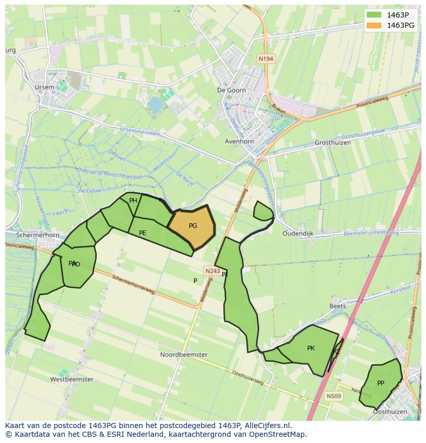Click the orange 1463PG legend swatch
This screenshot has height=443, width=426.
pyautogui.click(x=375, y=25)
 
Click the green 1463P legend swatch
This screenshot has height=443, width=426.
pyautogui.click(x=375, y=15)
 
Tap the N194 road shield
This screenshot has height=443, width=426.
pyautogui.click(x=265, y=59)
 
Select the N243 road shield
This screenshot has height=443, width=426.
pyautogui.click(x=212, y=271)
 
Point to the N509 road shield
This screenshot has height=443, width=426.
pyautogui.click(x=333, y=396)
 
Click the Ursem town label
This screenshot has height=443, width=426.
pyautogui.click(x=44, y=87)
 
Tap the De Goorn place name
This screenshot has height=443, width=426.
pyautogui.click(x=232, y=90)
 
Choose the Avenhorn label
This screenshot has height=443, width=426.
pyautogui.click(x=240, y=141)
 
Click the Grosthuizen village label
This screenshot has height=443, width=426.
pyautogui.click(x=332, y=143)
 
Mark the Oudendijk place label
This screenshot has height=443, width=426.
pyautogui.click(x=298, y=233)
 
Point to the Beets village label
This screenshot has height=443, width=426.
pyautogui.click(x=338, y=306)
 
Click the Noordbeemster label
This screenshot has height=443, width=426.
pyautogui.click(x=184, y=355)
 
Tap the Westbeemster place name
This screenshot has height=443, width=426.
pyautogui.click(x=72, y=379)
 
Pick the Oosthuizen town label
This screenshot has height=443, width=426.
pyautogui.click(x=390, y=412)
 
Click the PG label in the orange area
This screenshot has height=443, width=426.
pyautogui.click(x=193, y=226)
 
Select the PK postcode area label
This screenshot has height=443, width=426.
pyautogui.click(x=311, y=348)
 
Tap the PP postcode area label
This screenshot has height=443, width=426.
pyautogui.click(x=381, y=383)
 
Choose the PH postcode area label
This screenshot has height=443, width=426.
pyautogui.click(x=133, y=201)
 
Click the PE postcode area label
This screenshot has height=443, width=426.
pyautogui.click(x=143, y=233)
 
